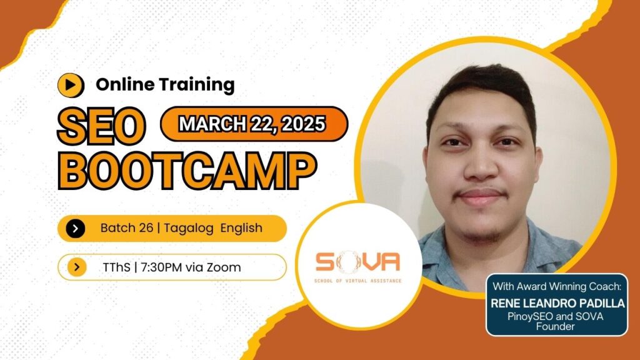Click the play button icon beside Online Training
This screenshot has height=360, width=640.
[x=71, y=84]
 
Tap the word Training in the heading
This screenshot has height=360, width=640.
[x=200, y=84]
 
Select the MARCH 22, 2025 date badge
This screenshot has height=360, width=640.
[x=252, y=124]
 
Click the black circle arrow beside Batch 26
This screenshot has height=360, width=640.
[x=75, y=228]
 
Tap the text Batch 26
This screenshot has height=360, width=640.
[x=127, y=228]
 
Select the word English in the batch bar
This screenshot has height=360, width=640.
[x=241, y=228]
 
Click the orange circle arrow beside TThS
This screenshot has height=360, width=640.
[x=76, y=267]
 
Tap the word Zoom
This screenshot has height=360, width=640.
[x=225, y=267]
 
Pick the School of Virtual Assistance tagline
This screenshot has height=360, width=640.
[x=357, y=281]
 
